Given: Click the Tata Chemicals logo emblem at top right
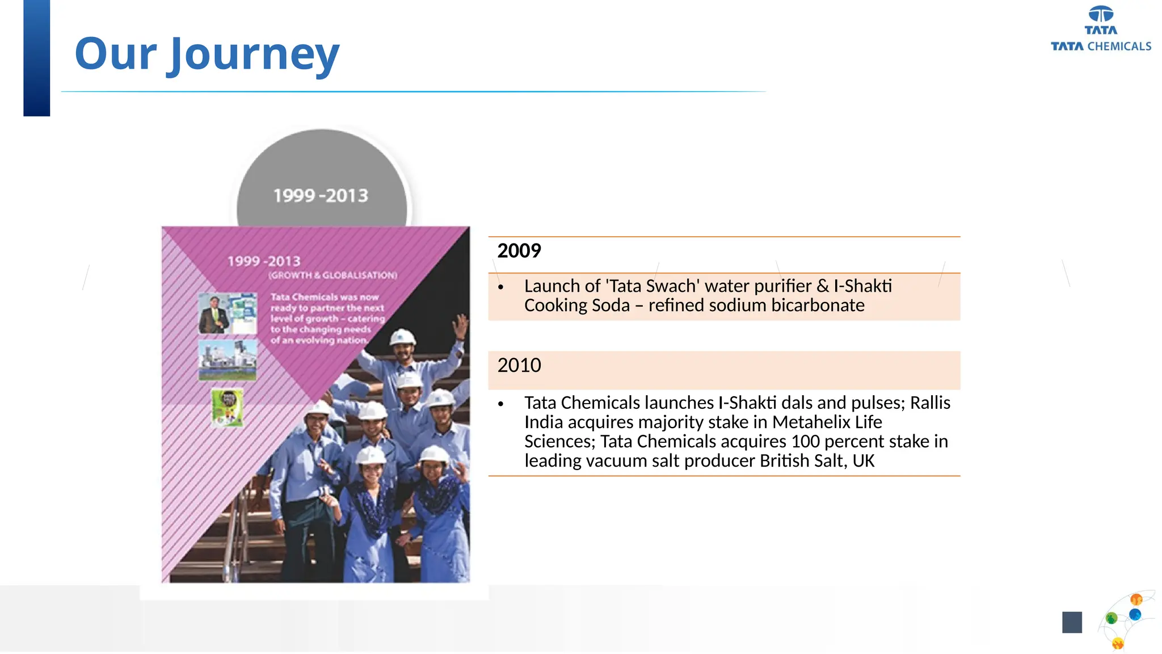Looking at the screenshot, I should click(1101, 14).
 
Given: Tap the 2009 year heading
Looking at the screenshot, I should click(519, 251).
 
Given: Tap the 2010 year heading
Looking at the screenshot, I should click(519, 365).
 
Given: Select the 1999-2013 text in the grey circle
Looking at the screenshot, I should click(321, 196).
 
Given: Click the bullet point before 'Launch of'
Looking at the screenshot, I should click(500, 287).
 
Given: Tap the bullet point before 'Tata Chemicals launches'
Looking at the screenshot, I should click(500, 404).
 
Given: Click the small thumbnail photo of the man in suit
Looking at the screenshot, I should click(214, 313).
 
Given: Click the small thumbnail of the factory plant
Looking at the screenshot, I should click(228, 360).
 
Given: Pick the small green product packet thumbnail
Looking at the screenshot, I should click(228, 407).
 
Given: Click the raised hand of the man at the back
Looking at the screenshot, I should click(461, 327).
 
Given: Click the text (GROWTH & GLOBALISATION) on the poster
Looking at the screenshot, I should click(332, 275).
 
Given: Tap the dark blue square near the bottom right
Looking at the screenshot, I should click(1072, 622).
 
